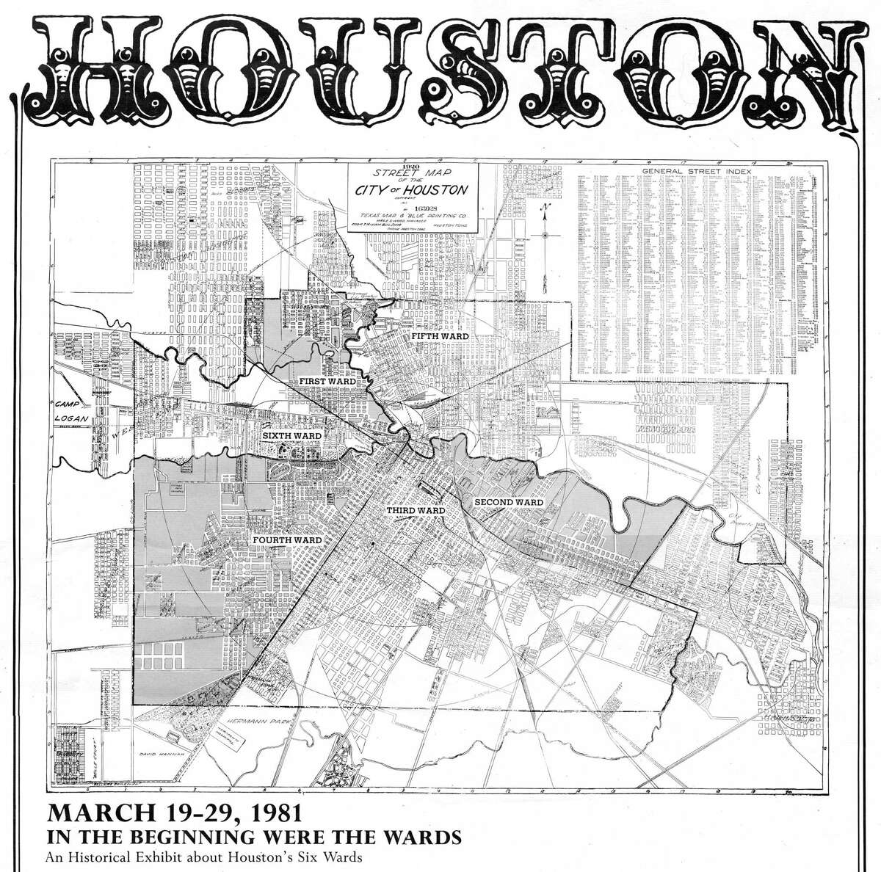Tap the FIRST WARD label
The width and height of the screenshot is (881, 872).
click(x=326, y=382)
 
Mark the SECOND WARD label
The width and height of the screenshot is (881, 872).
click(x=509, y=503)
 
